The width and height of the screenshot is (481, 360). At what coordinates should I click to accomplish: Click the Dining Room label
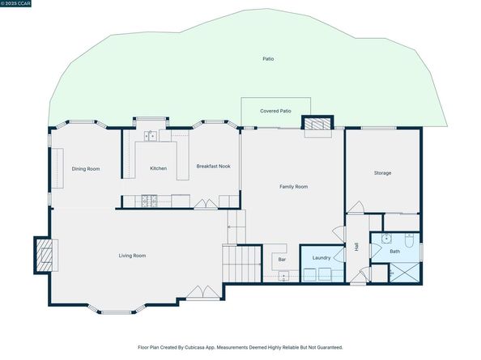point(86,168)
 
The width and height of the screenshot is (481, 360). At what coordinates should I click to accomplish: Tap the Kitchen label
point(158,168)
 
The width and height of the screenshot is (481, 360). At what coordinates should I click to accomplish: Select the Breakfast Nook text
point(213,166)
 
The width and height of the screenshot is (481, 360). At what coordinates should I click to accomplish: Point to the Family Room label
point(293,187)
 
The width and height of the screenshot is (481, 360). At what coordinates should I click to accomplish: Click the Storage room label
point(382,173)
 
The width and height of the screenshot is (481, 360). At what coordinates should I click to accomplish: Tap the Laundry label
point(321,257)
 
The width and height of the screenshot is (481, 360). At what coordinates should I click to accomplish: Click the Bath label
point(394,252)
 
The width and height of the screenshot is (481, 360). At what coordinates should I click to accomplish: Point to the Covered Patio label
point(275,111)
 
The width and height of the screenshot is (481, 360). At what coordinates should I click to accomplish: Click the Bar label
point(282,260)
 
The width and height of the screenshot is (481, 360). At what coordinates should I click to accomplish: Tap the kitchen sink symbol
point(149,135)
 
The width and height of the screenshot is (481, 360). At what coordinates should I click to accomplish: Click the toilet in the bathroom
point(411,240)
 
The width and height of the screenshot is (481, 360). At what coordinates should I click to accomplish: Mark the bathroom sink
point(386,239)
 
